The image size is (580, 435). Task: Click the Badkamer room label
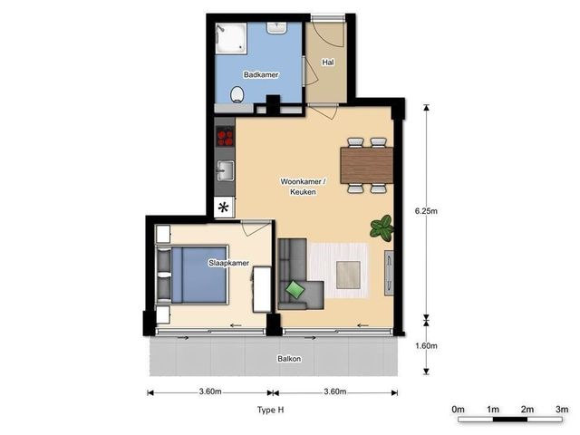(261, 74)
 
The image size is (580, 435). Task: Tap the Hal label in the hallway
(328, 63)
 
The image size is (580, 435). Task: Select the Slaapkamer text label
(229, 263)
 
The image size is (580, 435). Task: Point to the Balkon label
(289, 359)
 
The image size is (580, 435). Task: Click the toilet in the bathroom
(237, 94)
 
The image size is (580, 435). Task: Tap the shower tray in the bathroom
(231, 38)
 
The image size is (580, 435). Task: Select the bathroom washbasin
(277, 27)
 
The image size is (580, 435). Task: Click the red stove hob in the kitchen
(225, 137)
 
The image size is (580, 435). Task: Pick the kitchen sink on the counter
(226, 170)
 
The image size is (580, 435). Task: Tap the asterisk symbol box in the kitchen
(224, 208)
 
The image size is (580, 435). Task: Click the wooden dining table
(366, 165)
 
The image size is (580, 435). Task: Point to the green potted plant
(382, 228)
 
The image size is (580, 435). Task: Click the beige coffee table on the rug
(348, 275)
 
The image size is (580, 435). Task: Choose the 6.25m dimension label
(426, 211)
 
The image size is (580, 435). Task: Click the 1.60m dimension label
(426, 346)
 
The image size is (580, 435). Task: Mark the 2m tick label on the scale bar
(527, 409)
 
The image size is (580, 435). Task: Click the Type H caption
(271, 410)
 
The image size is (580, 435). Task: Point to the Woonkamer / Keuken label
(303, 187)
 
